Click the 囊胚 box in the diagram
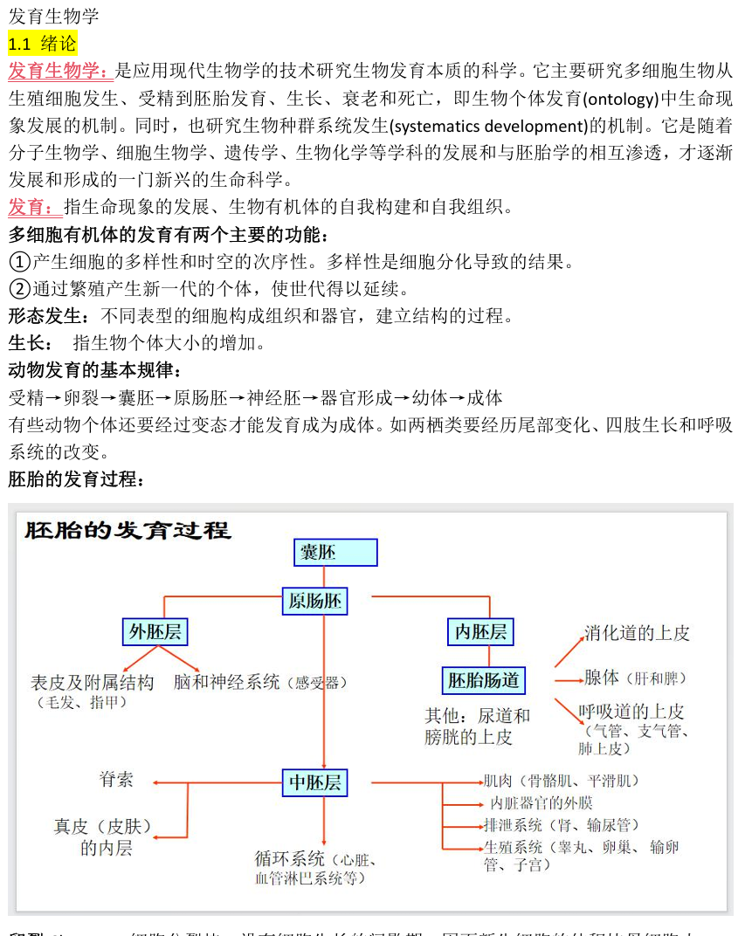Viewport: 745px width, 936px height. (x=335, y=553)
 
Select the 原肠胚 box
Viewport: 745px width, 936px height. (x=315, y=601)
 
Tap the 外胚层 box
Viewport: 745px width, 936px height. (x=156, y=632)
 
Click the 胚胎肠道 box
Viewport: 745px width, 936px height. (x=484, y=680)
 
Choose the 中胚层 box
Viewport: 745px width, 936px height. (x=315, y=782)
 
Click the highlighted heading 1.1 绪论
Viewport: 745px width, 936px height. (x=43, y=43)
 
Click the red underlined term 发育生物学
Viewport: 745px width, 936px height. (x=58, y=70)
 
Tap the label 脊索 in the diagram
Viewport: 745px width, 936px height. (x=117, y=779)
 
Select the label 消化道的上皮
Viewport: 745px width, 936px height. (x=637, y=633)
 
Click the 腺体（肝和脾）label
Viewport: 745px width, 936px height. (x=636, y=678)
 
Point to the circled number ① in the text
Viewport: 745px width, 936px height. (x=19, y=261)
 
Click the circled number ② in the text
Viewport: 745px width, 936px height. (x=19, y=288)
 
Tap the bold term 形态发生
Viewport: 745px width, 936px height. (x=45, y=315)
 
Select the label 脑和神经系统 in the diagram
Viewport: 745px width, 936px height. (x=226, y=682)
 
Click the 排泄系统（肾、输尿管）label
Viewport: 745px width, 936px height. (x=561, y=825)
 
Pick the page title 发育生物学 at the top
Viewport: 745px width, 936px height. (x=54, y=16)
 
